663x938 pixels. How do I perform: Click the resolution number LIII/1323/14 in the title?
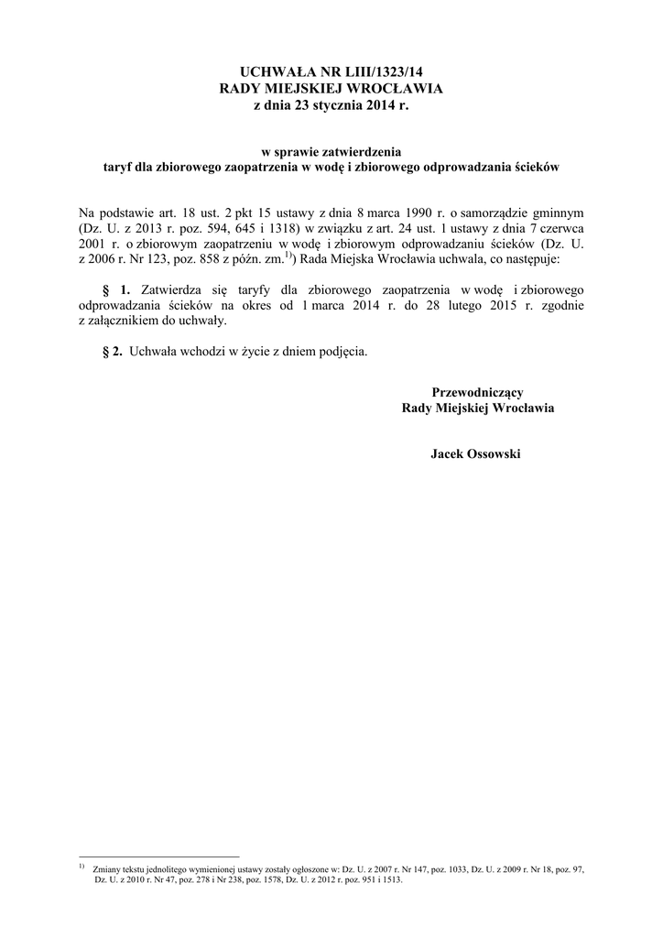click(384, 70)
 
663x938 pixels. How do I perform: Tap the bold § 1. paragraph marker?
click(117, 289)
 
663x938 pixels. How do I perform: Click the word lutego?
click(442, 305)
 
